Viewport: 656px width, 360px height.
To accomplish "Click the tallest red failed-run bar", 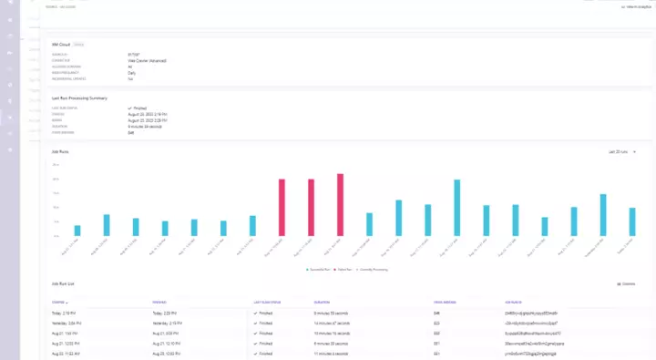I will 340,205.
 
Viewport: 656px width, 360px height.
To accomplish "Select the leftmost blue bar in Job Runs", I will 77,231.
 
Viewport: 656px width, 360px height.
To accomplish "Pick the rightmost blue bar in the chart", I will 632,221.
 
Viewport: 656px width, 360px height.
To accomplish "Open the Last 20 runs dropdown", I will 621,151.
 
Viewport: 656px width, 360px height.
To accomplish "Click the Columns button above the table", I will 626,284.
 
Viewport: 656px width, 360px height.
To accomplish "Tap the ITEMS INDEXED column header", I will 446,301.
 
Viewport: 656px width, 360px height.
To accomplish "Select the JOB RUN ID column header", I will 515,301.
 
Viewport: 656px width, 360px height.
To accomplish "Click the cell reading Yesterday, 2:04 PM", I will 72,323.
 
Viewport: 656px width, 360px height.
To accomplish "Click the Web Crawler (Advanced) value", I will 149,61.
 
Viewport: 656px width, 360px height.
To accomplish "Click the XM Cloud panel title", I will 61,43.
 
